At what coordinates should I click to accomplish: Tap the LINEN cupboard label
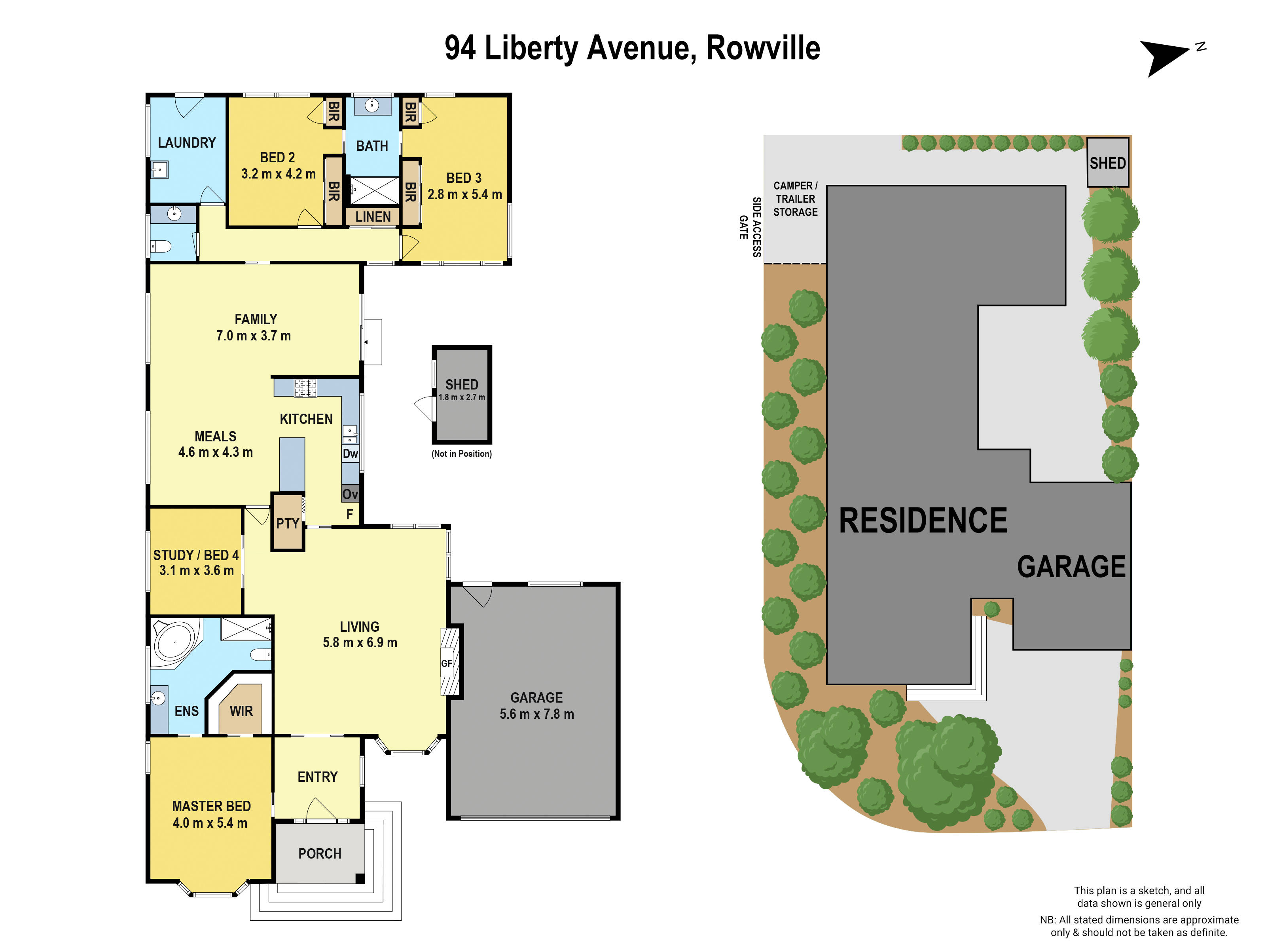pos(373,217)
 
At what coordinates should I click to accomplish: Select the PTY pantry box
pos(287,523)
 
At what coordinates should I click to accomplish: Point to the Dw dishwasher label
pos(350,454)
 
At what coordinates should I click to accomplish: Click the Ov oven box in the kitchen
pos(350,494)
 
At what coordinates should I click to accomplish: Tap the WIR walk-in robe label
pos(241,711)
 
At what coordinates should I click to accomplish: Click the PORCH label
pos(319,854)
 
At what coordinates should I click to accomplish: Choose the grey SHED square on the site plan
pos(1107,163)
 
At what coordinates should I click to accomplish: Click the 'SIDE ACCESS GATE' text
pos(750,227)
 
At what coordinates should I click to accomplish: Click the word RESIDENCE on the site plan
pos(923,521)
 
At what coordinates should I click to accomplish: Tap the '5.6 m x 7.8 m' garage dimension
pos(536,714)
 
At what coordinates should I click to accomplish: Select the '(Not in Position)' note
pos(461,454)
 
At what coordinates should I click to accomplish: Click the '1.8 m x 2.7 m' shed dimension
pos(461,397)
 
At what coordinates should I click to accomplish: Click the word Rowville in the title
pos(762,48)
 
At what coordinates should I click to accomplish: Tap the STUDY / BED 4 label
pos(196,555)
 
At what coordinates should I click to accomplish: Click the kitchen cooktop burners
pos(305,388)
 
